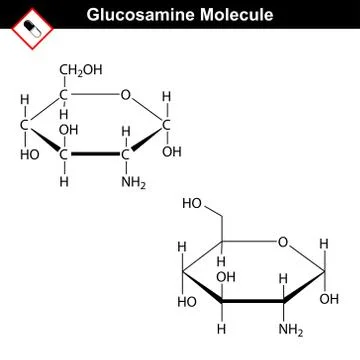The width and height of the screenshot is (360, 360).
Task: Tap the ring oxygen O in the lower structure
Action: point(284,241)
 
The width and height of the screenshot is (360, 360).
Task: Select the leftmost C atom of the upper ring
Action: point(23,127)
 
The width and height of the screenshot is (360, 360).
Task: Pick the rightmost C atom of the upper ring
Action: point(167,126)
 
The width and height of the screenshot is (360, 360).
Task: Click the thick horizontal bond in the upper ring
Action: point(95,156)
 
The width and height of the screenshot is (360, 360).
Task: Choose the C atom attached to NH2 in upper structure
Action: point(126,156)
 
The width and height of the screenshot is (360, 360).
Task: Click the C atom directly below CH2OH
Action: point(65,96)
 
